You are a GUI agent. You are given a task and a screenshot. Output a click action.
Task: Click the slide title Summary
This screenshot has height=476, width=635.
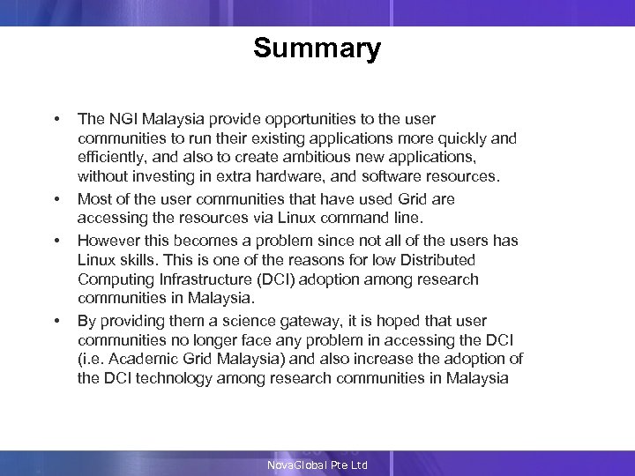pos(317,48)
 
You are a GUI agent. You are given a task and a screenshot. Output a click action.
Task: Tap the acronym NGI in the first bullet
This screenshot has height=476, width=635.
pos(122,119)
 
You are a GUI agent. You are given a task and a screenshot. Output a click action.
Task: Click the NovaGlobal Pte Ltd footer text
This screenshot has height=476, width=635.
pos(317,465)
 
